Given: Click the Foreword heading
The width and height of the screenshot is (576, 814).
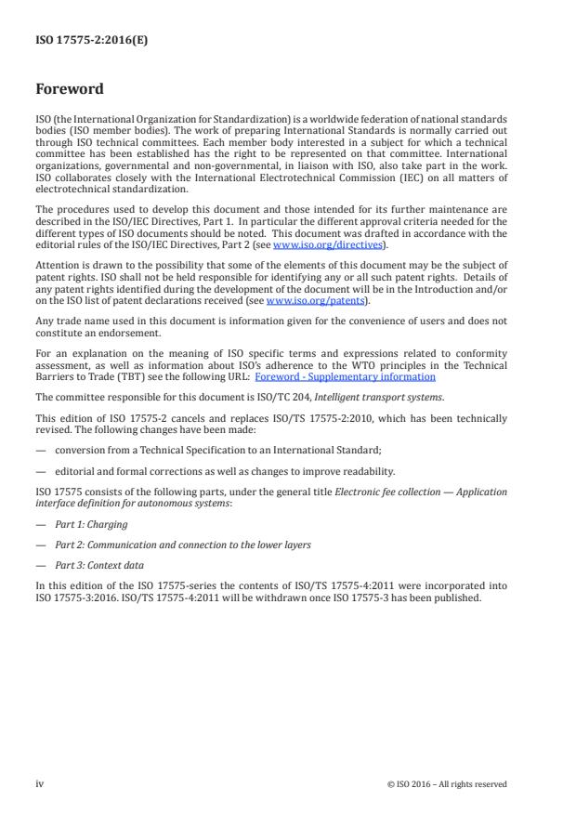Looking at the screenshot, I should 70,90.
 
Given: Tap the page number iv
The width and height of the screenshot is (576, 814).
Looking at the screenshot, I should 40,783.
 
